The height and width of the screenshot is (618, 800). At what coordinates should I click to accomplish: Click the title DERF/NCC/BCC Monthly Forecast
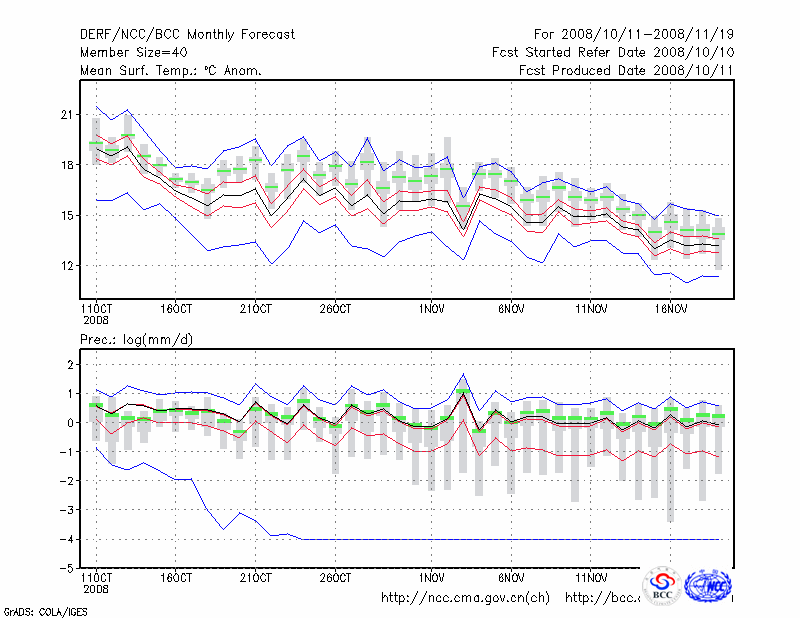tap(187, 34)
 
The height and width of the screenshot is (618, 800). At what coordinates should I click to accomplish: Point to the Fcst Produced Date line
tap(627, 70)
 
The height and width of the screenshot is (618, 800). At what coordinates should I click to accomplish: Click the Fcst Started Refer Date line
tap(613, 52)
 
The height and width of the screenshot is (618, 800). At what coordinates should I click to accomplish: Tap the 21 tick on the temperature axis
tap(68, 115)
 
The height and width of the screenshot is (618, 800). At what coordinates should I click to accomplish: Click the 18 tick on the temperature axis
tap(68, 165)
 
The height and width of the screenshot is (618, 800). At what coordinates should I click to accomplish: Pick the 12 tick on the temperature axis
tap(68, 265)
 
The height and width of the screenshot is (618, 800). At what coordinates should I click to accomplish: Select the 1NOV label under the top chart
tap(432, 309)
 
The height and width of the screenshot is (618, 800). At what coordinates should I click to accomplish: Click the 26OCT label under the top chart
tap(336, 309)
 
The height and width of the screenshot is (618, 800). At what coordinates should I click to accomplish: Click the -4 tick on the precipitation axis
tap(67, 539)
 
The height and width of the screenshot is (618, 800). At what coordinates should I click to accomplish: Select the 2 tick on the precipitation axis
tap(70, 365)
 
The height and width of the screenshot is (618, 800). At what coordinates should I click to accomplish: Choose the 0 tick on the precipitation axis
tap(70, 423)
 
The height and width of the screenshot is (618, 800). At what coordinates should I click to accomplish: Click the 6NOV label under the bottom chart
tap(511, 577)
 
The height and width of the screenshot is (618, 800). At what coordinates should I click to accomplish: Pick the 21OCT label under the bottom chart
tap(256, 577)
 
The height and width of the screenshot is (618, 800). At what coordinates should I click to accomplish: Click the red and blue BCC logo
tap(661, 586)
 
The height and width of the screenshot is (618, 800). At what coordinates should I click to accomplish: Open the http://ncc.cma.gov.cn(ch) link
tap(465, 598)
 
